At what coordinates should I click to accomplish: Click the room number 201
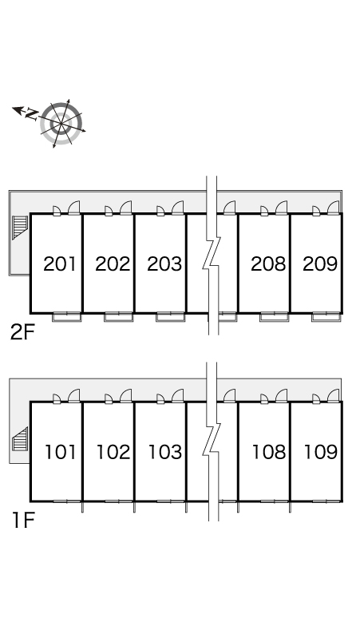pyautogui.click(x=60, y=264)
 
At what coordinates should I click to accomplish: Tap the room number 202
pyautogui.click(x=113, y=264)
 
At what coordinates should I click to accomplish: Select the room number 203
pyautogui.click(x=164, y=264)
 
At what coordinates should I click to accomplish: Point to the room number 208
pyautogui.click(x=268, y=264)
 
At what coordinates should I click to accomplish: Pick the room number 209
pyautogui.click(x=320, y=264)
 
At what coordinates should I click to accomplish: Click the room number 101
pyautogui.click(x=60, y=452)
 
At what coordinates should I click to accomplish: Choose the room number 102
pyautogui.click(x=113, y=452)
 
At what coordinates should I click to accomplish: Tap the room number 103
pyautogui.click(x=165, y=452)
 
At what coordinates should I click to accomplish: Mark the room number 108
pyautogui.click(x=269, y=452)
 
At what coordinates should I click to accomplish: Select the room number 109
pyautogui.click(x=321, y=452)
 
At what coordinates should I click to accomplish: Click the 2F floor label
pyautogui.click(x=22, y=333)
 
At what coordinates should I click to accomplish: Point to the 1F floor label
pyautogui.click(x=23, y=521)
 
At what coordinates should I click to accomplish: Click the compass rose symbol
pyautogui.click(x=61, y=124)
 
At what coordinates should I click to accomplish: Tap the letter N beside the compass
pyautogui.click(x=32, y=114)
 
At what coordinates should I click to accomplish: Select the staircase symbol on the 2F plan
pyautogui.click(x=20, y=228)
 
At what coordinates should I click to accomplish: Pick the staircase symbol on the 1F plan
pyautogui.click(x=20, y=439)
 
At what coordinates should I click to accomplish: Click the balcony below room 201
pyautogui.click(x=67, y=317)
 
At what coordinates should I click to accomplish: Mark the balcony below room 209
pyautogui.click(x=326, y=317)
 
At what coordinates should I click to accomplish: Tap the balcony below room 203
pyautogui.click(x=171, y=317)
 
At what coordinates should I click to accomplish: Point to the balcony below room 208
pyautogui.click(x=274, y=317)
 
